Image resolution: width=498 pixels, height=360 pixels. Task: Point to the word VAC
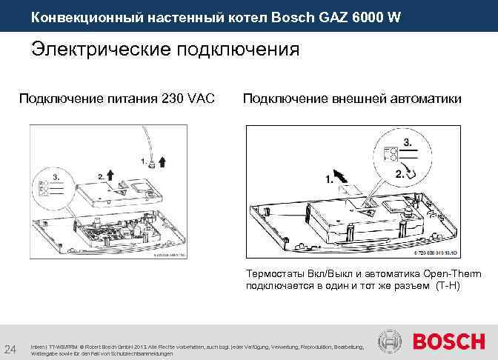coord(202,98)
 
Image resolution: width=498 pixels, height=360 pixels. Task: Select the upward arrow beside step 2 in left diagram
coord(110,175)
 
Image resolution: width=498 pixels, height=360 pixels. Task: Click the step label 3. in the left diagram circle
coord(44,178)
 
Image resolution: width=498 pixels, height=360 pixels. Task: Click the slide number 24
coord(11,349)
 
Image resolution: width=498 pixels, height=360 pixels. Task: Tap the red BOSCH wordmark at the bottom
coord(448,342)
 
